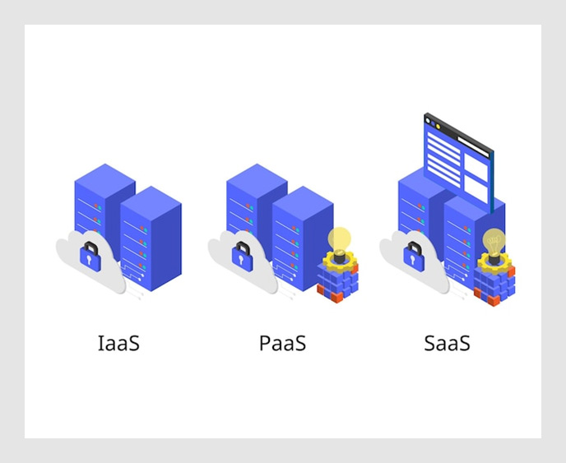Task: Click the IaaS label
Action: (118, 343)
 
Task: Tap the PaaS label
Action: (283, 343)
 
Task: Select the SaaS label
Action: (447, 343)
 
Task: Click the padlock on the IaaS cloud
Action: (90, 257)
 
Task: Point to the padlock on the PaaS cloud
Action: (242, 257)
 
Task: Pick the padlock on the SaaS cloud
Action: (414, 257)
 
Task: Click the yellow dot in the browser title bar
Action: (438, 127)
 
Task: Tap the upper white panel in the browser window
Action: (476, 167)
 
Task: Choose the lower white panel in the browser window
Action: (476, 189)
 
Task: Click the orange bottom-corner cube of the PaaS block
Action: (336, 298)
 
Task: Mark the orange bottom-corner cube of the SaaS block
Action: (494, 300)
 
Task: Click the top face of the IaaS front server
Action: (151, 201)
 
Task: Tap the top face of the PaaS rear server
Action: (257, 179)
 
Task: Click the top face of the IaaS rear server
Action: (104, 179)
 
